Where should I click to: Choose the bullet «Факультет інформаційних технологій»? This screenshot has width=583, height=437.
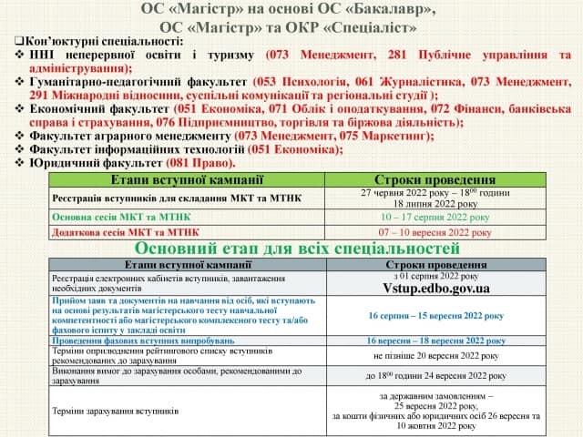point(128,149)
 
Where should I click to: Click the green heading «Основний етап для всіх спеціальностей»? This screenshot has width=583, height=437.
point(297,248)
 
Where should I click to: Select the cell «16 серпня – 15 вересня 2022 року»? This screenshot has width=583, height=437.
point(435,315)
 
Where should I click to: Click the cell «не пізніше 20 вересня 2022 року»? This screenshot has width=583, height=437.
point(435,355)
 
